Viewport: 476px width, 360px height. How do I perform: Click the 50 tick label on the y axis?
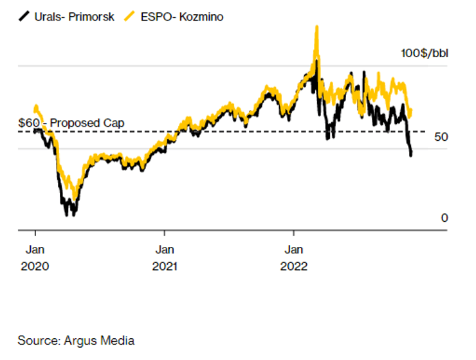click(441, 136)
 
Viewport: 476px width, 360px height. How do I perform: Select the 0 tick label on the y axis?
click(444, 219)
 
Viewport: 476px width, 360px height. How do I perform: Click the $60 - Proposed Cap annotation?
click(71, 123)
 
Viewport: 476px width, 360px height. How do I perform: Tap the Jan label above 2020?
click(35, 249)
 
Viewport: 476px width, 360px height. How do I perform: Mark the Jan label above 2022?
click(294, 249)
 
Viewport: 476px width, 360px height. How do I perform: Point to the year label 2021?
click(166, 265)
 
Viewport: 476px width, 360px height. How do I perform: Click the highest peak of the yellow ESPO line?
click(316, 27)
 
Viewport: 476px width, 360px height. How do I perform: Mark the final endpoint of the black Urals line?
click(411, 155)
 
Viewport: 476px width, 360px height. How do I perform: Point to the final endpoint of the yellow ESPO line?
click(410, 111)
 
